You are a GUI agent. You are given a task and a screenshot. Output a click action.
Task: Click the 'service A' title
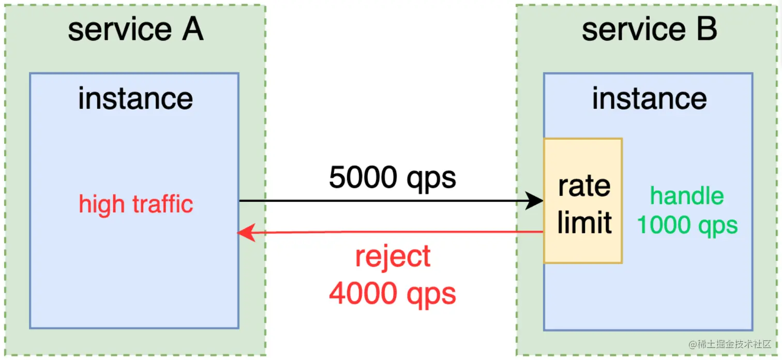point(136,30)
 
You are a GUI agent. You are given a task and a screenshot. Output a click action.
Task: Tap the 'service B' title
point(649,30)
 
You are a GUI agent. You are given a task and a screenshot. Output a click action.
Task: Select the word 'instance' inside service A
point(136,98)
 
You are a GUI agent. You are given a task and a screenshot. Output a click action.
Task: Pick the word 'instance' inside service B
point(649,98)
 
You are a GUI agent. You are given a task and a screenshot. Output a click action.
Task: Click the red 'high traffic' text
point(136,204)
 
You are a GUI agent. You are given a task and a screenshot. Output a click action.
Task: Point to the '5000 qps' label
point(393,178)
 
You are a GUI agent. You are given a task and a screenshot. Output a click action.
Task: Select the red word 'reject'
point(393,257)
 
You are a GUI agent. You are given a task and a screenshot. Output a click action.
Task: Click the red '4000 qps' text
point(393,293)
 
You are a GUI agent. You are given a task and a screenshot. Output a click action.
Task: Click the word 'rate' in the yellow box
point(584,186)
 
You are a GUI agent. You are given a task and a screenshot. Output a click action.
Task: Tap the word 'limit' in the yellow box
point(584,222)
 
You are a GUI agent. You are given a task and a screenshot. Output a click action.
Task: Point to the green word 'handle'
point(687,197)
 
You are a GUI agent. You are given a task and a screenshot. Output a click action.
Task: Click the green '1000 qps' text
point(687,225)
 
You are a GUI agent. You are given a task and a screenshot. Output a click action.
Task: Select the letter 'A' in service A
point(191,30)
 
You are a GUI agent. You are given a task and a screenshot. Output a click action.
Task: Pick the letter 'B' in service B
point(706,30)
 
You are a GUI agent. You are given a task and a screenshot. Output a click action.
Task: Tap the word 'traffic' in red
point(164,204)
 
